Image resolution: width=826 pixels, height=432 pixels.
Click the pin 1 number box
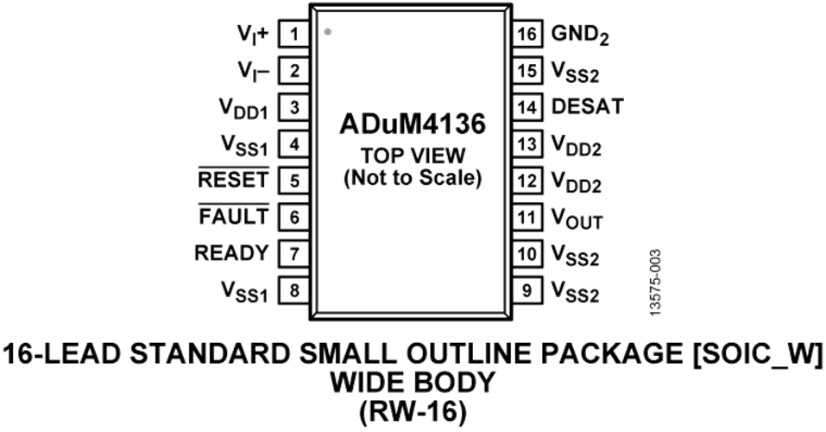[293, 35]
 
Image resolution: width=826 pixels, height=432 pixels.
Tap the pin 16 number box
[526, 35]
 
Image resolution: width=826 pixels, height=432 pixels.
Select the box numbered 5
[293, 181]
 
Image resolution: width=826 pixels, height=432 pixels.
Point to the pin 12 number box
[526, 181]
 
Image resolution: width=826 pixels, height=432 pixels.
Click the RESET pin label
[234, 181]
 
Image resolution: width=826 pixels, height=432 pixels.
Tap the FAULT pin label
[234, 217]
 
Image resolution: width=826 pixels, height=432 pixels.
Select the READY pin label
[232, 253]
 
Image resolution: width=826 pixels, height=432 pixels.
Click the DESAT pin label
[587, 107]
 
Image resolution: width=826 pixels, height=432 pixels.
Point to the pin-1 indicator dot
[327, 32]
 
